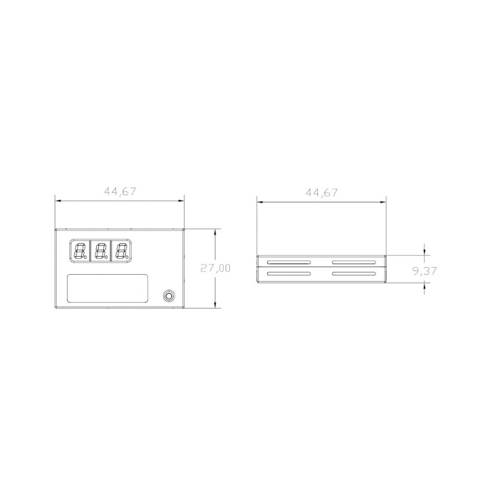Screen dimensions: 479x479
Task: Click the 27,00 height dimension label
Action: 215,268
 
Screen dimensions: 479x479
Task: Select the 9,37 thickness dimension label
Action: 425,271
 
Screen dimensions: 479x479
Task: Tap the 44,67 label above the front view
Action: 120,192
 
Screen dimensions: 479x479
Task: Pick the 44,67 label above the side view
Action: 322,192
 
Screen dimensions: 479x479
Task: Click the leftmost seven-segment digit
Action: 80,250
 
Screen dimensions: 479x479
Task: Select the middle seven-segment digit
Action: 101,250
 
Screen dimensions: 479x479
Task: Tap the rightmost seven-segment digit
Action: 122,250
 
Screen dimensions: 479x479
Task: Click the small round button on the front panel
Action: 169,296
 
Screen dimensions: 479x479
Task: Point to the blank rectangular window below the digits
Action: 108,289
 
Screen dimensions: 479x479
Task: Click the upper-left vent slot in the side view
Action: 289,262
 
